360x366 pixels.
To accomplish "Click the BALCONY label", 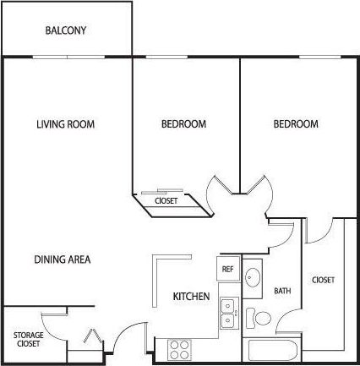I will click(x=66, y=31).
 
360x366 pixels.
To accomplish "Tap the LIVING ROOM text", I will click(x=65, y=124).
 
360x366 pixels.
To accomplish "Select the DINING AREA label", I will click(x=63, y=259).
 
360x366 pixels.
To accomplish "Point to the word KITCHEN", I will click(x=191, y=297).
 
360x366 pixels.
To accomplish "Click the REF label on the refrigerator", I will click(x=227, y=269).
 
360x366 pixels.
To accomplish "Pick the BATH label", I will click(x=282, y=292).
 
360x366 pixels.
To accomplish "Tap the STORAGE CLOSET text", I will click(x=28, y=340).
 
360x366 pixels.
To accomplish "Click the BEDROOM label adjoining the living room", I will click(x=183, y=124).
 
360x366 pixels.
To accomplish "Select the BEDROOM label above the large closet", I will click(x=296, y=124).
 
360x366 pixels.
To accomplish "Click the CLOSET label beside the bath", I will click(x=323, y=280).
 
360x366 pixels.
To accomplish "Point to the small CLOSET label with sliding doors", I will click(x=166, y=202).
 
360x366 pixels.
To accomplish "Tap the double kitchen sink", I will click(x=227, y=313).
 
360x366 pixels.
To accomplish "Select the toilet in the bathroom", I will click(x=261, y=318).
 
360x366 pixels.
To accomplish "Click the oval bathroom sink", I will click(x=254, y=276).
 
